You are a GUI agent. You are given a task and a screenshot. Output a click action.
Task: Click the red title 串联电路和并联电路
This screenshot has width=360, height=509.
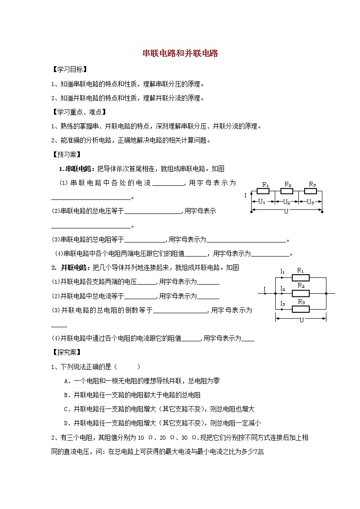[180, 53]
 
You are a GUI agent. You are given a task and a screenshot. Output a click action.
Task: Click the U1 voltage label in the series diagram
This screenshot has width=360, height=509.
[261, 202]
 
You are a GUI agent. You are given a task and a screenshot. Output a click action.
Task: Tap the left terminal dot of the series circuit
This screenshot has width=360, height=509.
[250, 211]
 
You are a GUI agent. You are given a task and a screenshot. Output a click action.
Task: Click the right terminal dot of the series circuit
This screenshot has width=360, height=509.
[322, 211]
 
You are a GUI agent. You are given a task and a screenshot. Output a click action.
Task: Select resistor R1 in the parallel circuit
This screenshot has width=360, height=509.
[300, 278]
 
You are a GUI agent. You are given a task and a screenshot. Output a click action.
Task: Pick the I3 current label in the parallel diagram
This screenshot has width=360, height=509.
[282, 303]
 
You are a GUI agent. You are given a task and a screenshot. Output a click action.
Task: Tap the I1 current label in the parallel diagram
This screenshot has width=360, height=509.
[282, 271]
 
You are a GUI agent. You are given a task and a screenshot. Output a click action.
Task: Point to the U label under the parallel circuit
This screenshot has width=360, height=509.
[301, 320]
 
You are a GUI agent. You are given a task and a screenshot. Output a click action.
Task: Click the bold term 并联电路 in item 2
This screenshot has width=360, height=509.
[74, 268]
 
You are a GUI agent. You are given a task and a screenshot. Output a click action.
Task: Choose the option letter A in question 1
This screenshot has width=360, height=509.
[67, 381]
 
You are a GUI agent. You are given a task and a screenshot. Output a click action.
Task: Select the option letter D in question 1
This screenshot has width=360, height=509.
[67, 423]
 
